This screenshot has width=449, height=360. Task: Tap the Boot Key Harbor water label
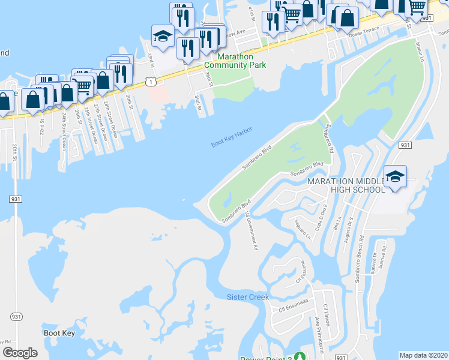(x=232, y=137)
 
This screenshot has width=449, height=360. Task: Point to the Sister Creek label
(x=248, y=297)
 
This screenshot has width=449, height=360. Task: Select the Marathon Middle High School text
(x=346, y=185)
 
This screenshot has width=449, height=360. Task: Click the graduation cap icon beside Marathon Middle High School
(x=395, y=176)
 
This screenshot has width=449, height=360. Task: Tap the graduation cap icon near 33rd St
(x=163, y=35)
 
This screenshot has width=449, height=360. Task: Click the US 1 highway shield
(x=154, y=80)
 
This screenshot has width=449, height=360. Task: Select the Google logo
(x=20, y=353)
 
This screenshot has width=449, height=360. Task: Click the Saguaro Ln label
(x=303, y=229)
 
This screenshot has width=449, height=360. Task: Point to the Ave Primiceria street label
(x=316, y=339)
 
